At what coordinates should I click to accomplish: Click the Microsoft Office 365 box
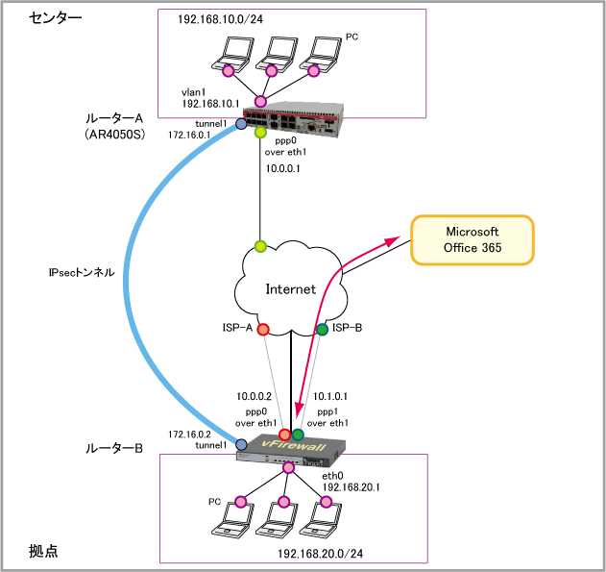[x=472, y=240]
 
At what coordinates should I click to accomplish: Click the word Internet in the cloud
[x=290, y=289]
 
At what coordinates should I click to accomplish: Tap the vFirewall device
[x=292, y=450]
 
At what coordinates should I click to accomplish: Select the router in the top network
[x=292, y=118]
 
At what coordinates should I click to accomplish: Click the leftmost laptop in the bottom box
[x=233, y=518]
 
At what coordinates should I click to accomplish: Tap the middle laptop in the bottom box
[x=277, y=518]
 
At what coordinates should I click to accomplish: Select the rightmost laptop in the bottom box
[x=320, y=518]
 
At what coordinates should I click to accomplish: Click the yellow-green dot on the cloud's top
[x=260, y=246]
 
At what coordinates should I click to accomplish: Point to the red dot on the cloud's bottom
[x=263, y=330]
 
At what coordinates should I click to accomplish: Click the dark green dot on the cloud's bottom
[x=322, y=330]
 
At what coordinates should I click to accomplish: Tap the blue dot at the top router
[x=241, y=124]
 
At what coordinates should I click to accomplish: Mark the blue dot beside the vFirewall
[x=241, y=444]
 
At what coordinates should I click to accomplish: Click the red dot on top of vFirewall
[x=284, y=435]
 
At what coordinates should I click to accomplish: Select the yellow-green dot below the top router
[x=260, y=133]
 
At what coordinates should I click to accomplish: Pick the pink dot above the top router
[x=260, y=101]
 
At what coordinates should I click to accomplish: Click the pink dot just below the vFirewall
[x=288, y=468]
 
